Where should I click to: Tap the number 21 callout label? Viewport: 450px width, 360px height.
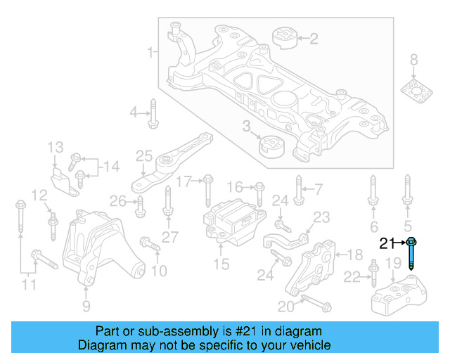coord(387,244)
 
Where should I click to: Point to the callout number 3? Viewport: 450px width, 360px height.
coord(246,127)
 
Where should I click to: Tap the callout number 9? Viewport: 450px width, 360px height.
coord(86,306)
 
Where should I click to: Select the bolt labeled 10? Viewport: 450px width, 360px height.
coord(149,243)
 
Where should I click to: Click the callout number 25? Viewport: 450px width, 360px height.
coord(143,155)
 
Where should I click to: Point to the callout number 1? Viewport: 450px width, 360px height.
coord(149,52)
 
